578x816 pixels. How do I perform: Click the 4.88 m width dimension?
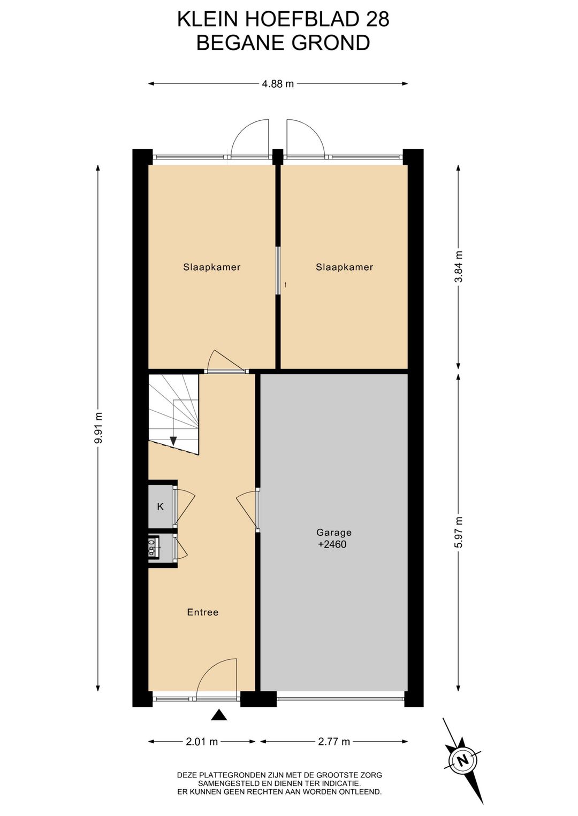point(278,84)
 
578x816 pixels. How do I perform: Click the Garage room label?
point(333,533)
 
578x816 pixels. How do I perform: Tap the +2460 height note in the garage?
point(332,544)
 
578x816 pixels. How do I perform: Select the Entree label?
point(203,612)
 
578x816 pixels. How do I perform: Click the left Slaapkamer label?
point(212,267)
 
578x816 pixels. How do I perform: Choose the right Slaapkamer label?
point(345,267)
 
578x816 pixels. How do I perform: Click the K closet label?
point(160,506)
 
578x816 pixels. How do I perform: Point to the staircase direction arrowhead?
point(173,441)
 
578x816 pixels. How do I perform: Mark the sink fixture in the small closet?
point(153,547)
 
